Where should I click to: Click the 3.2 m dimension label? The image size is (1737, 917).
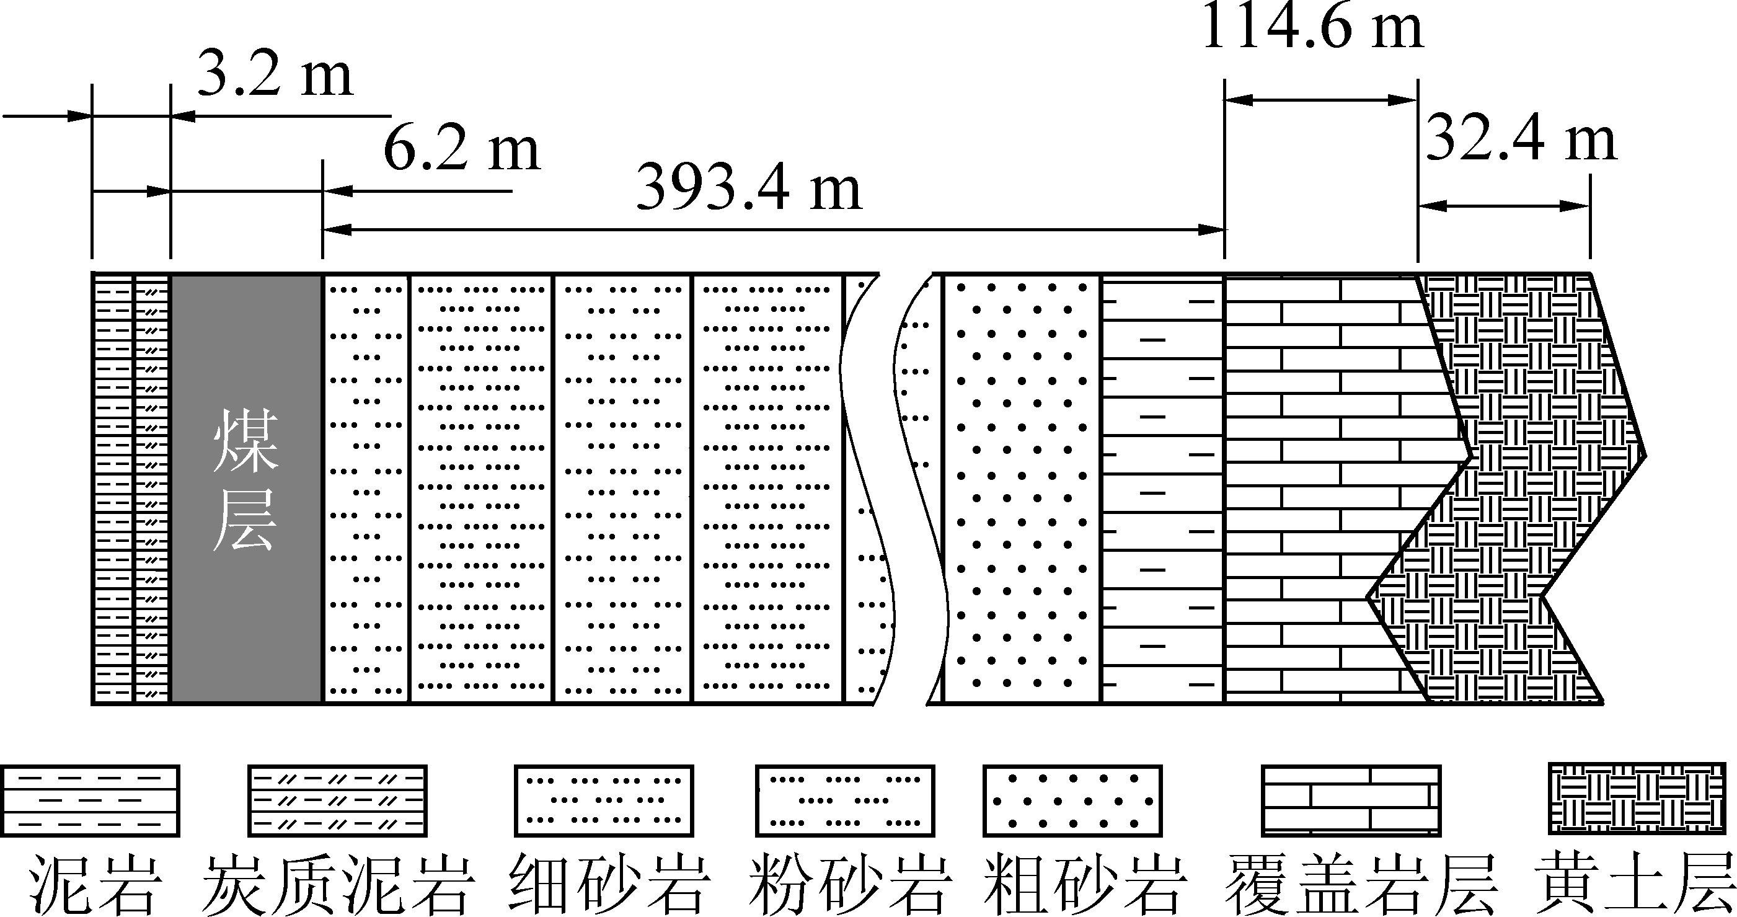pyautogui.click(x=275, y=75)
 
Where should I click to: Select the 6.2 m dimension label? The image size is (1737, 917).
pyautogui.click(x=462, y=149)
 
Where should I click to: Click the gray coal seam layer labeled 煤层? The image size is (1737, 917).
pyautogui.click(x=246, y=489)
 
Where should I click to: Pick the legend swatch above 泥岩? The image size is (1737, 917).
pyautogui.click(x=90, y=800)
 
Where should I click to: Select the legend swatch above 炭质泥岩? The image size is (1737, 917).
pyautogui.click(x=337, y=800)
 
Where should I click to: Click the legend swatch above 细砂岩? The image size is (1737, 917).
pyautogui.click(x=604, y=800)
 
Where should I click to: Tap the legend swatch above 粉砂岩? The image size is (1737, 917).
pyautogui.click(x=845, y=800)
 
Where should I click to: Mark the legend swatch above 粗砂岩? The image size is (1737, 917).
pyautogui.click(x=1072, y=800)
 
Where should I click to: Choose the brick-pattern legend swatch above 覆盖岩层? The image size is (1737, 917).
pyautogui.click(x=1351, y=800)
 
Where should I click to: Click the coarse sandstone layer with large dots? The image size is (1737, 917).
pyautogui.click(x=1022, y=489)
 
